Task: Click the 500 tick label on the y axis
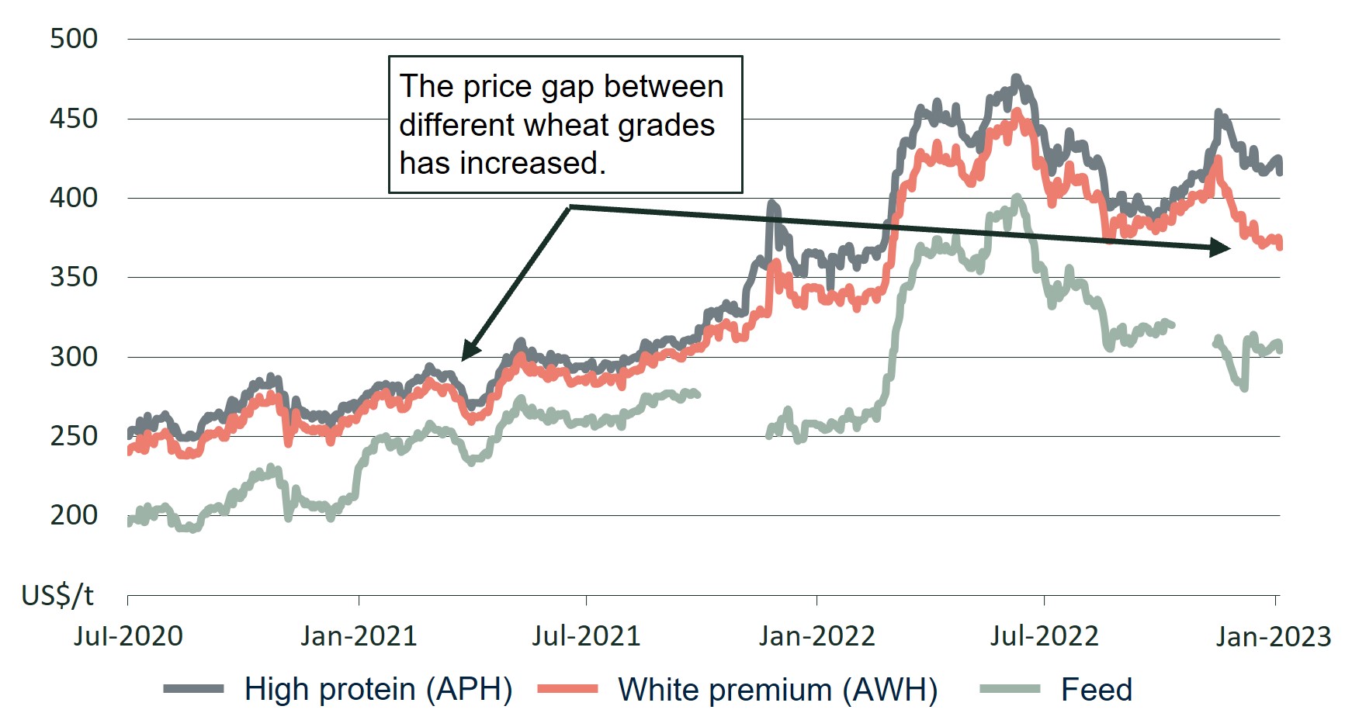point(74,39)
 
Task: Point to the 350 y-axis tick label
point(74,277)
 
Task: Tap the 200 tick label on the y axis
point(74,515)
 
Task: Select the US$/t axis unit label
point(57,595)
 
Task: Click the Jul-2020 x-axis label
point(128,636)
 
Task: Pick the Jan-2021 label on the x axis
point(359,636)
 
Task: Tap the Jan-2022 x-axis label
point(816,636)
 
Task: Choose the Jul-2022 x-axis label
point(1044,636)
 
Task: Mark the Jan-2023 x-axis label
point(1273,636)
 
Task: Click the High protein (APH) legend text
point(378,689)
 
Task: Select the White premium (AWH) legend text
point(778,689)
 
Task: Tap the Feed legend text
point(1096,689)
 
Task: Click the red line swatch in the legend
point(567,689)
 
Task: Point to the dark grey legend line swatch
point(193,689)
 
